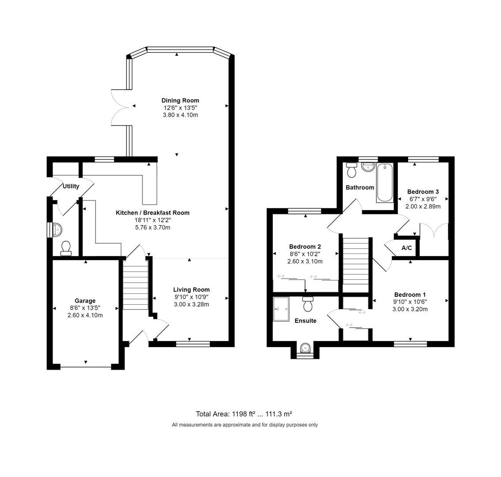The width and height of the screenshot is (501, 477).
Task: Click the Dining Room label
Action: point(180,100)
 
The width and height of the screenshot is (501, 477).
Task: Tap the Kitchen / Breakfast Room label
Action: point(153,212)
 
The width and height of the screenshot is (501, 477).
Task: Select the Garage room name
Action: point(85,301)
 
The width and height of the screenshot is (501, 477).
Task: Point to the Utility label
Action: point(71,186)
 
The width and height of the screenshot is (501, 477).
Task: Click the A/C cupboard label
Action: point(406,248)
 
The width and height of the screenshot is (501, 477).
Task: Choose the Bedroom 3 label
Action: point(423,192)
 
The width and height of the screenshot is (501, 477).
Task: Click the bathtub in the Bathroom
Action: point(385,182)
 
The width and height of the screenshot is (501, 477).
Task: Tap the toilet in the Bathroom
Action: point(352,169)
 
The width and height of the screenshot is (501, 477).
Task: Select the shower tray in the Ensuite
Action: point(281,308)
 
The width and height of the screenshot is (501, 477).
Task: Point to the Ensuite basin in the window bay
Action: point(305,349)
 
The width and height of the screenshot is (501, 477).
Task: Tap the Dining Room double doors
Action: point(120,106)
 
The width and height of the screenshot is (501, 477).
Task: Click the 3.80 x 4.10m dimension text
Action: point(180,115)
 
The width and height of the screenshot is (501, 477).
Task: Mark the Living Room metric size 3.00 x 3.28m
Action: point(191,304)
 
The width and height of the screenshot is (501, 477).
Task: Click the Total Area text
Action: point(244,414)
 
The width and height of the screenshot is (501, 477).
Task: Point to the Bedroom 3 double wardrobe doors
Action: point(434,231)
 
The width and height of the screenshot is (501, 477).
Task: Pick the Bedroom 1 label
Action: point(410,295)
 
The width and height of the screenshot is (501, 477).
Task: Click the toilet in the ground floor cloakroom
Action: point(66,248)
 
